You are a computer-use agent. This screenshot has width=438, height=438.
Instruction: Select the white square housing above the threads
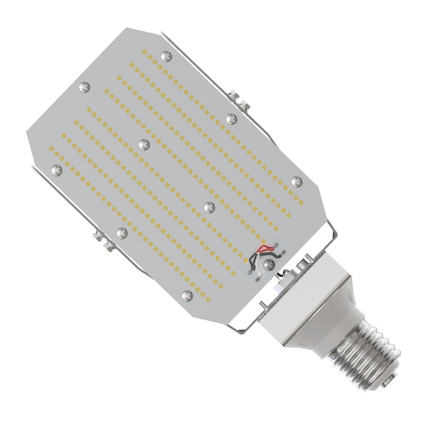point(309,304)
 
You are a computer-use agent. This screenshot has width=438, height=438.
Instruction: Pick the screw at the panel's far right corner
point(296,181)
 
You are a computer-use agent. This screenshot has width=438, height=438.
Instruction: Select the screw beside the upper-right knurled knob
point(230,118)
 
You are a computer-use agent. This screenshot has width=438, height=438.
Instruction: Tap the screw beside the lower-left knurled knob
point(122,232)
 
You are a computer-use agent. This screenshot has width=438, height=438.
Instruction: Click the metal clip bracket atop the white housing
point(304,264)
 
